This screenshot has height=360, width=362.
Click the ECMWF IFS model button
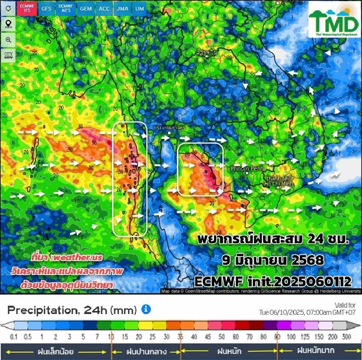(x=27, y=9)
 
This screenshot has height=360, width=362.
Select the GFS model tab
(x=46, y=9)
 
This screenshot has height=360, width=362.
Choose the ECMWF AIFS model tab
(x=66, y=9)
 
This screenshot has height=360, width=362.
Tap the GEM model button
(x=86, y=9)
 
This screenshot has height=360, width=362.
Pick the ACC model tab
(x=104, y=9)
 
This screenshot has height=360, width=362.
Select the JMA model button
(x=122, y=9)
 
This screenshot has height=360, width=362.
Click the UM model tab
(x=140, y=9)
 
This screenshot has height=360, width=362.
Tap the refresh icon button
(x=8, y=9)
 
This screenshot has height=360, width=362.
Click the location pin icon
(x=8, y=24)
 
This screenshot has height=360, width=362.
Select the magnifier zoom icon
(x=8, y=40)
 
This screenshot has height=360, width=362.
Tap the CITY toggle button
(x=8, y=55)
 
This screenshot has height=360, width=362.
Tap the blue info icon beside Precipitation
(x=146, y=309)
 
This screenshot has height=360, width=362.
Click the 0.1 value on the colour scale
(x=14, y=337)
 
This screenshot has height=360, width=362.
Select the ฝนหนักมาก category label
(x=315, y=351)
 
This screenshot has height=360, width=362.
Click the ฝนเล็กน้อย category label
(x=55, y=352)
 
